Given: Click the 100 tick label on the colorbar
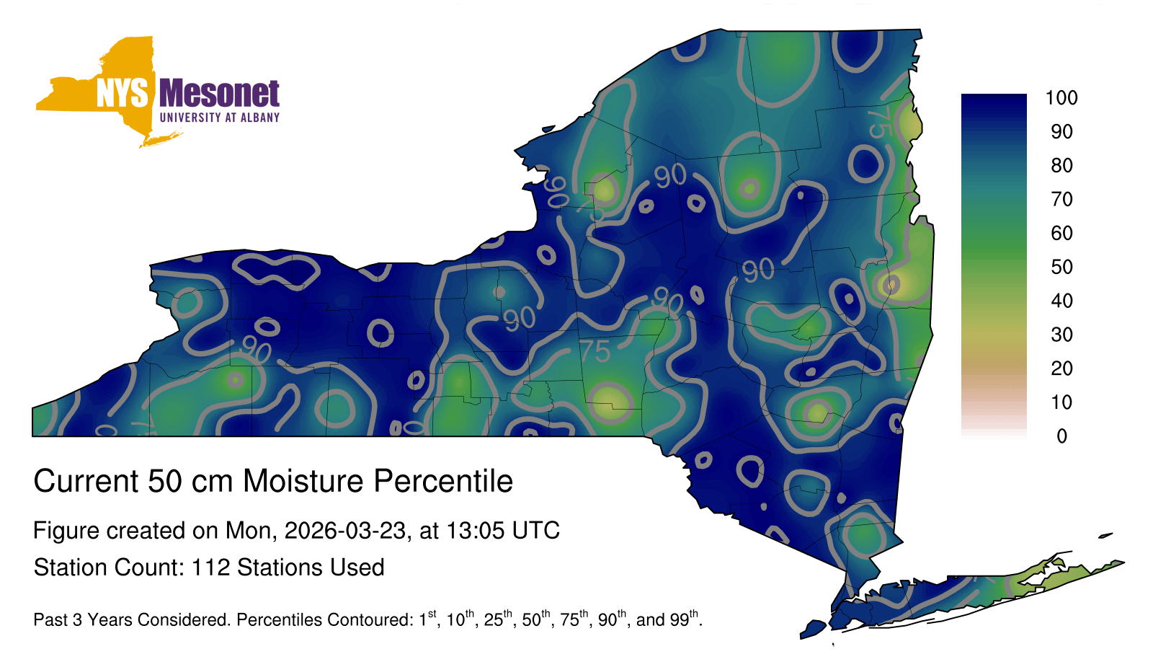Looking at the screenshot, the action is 1061,98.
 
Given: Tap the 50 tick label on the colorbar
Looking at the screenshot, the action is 1061,267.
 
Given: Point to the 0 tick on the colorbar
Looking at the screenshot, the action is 1061,436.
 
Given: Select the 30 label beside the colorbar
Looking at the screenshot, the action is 1061,335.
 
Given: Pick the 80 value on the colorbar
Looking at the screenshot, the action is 1061,165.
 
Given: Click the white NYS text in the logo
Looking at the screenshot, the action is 123,93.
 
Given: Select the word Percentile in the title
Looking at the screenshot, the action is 443,481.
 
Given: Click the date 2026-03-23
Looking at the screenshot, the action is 345,531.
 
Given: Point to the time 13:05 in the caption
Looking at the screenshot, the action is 475,531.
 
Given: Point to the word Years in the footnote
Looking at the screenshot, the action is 107,619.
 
